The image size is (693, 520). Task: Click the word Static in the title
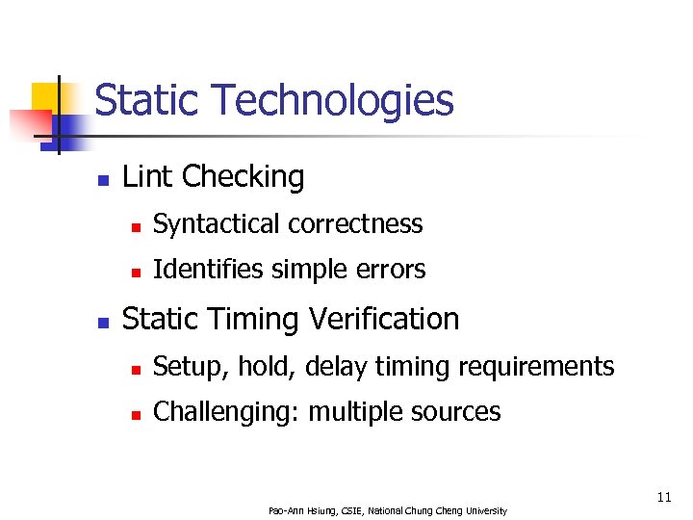pyautogui.click(x=147, y=100)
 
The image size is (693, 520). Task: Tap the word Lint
pyautogui.click(x=147, y=177)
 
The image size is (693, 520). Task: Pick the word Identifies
pyautogui.click(x=196, y=270)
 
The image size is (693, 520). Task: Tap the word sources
pyautogui.click(x=459, y=412)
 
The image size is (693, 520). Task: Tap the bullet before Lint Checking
pyautogui.click(x=103, y=179)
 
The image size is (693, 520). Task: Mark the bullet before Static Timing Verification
pyautogui.click(x=103, y=321)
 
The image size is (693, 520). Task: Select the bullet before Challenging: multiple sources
pyautogui.click(x=136, y=414)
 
